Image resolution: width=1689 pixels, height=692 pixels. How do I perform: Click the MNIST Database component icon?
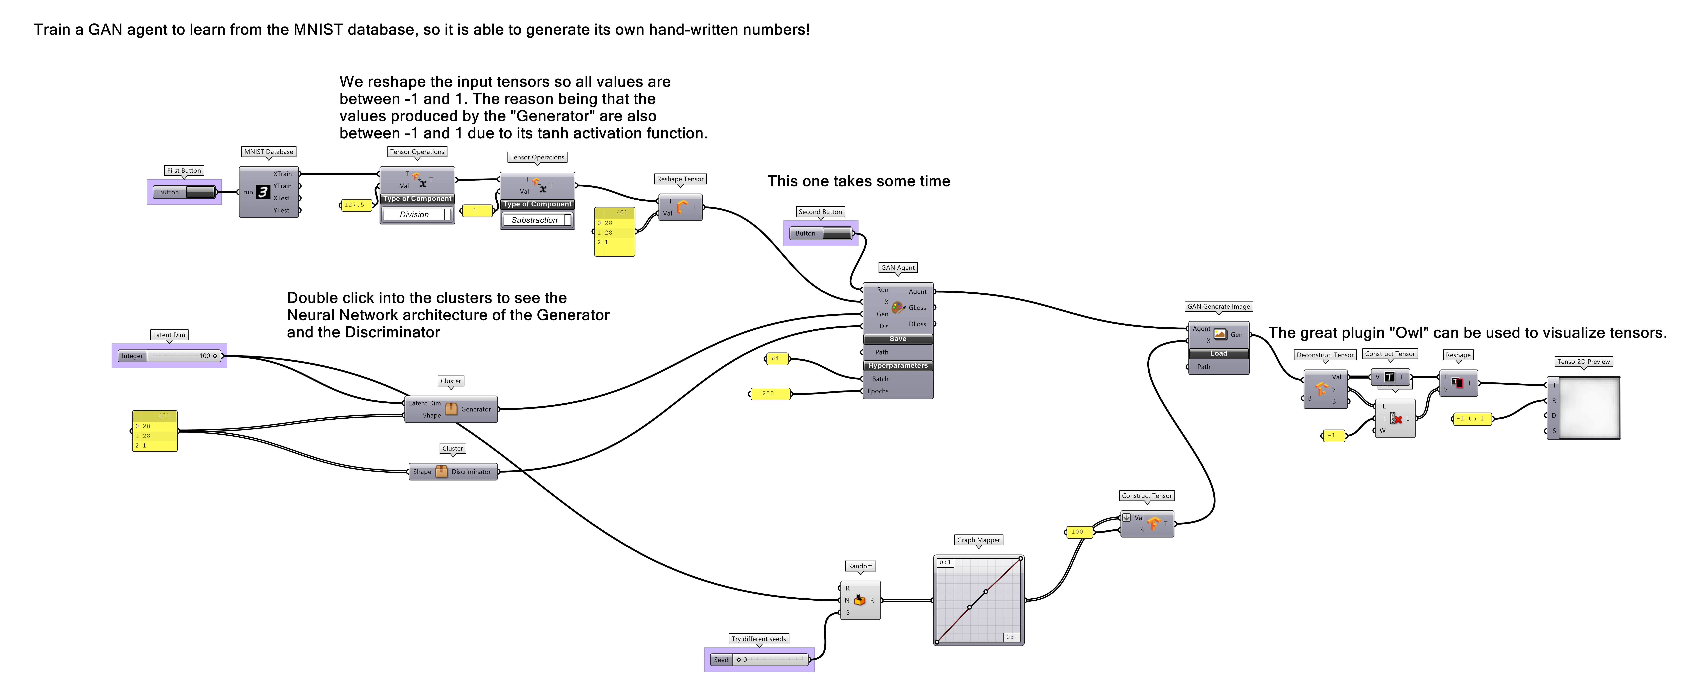point(263,192)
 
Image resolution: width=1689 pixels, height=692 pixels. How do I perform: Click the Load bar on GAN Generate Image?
point(1218,353)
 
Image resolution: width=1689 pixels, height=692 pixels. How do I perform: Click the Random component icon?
point(860,600)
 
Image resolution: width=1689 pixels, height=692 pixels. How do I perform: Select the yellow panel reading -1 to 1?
point(1472,418)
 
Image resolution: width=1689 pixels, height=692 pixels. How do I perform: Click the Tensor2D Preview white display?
point(1589,408)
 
